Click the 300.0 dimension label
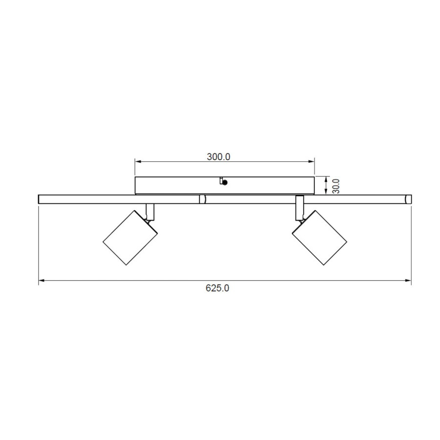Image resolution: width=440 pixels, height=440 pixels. tap(219, 156)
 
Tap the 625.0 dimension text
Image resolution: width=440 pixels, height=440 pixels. tap(218, 288)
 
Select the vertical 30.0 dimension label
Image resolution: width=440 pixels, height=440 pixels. tap(335, 186)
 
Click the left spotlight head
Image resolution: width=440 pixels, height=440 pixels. tap(130, 238)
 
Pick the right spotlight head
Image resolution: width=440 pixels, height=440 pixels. tap(320, 238)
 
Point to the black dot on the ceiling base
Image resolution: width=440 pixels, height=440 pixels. tap(224, 182)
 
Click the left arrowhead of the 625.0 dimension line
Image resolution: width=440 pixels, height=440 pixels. tap(42, 280)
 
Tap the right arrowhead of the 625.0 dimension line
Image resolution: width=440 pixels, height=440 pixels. tap(408, 280)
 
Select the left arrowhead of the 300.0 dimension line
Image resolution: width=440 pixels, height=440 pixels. tap(138, 161)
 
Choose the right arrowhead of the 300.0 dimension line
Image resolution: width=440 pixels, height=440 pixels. tap(311, 161)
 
